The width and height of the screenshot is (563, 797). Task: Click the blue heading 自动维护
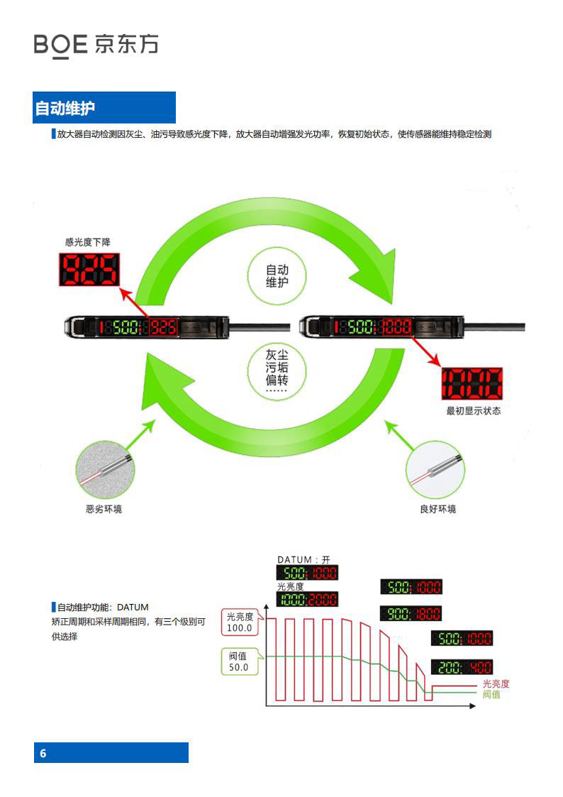(65, 109)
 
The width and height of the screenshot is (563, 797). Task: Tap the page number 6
(43, 753)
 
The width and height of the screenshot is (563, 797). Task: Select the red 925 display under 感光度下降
(89, 270)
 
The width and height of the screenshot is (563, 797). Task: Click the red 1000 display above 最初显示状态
(472, 383)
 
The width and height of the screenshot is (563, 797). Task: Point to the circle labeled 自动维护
(277, 276)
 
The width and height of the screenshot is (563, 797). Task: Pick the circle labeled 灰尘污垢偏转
(277, 370)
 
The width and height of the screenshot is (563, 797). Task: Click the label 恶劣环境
(104, 510)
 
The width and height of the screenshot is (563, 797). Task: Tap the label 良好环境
(438, 510)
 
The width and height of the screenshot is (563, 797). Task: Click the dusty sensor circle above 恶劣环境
(105, 470)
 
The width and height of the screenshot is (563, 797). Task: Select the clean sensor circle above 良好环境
(435, 470)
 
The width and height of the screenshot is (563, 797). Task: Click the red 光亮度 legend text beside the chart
(496, 683)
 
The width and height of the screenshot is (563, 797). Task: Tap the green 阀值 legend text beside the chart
(491, 694)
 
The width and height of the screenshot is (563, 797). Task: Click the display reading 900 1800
(411, 613)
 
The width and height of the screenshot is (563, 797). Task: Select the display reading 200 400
(462, 667)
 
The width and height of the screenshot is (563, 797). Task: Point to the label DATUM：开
(303, 560)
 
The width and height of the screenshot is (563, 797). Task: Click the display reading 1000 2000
(307, 599)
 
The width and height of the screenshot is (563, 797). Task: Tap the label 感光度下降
(88, 242)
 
